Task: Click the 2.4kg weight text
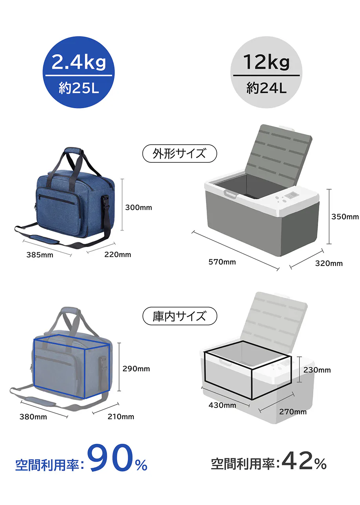pos(78,62)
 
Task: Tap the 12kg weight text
pos(266,62)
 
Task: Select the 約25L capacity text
pos(78,88)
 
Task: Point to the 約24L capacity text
pos(266,88)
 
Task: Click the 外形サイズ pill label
pos(179,154)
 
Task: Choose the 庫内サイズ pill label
pos(179,316)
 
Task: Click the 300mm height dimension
pos(138,207)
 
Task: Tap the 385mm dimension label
pos(40,255)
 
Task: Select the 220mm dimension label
pos(118,255)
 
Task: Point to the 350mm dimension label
pos(345,216)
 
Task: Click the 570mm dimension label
pos(222,262)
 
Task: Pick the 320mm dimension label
pos(329,263)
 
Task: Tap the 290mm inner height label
pos(136,369)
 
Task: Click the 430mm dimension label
pos(222,405)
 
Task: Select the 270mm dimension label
pos(293,411)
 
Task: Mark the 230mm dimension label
pos(317,370)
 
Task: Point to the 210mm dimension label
pos(121,416)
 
